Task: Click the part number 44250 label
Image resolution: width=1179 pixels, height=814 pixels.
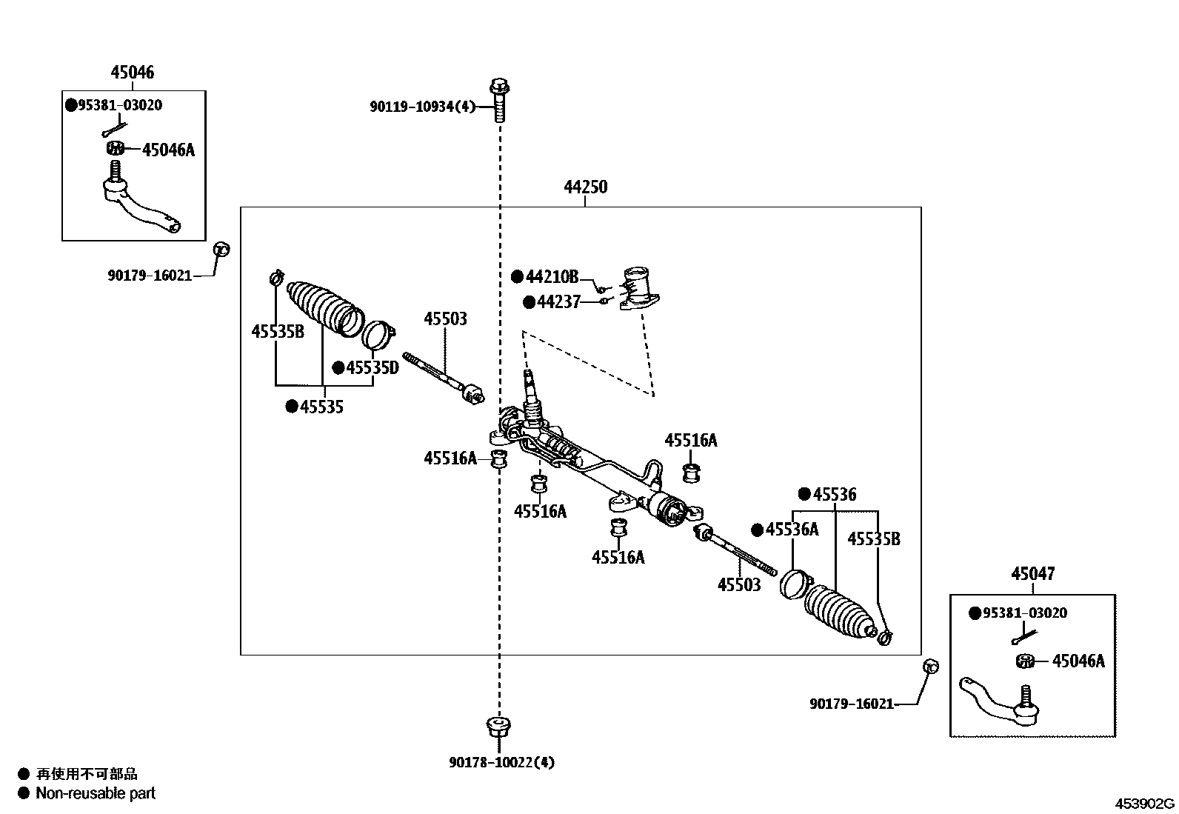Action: click(x=585, y=187)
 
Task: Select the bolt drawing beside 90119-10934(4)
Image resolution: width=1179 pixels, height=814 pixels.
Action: click(x=498, y=101)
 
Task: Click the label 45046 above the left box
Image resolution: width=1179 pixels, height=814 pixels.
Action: click(x=133, y=73)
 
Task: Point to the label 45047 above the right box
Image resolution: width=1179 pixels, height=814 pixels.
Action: click(x=1032, y=574)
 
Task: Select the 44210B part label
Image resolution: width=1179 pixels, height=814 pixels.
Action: click(x=551, y=277)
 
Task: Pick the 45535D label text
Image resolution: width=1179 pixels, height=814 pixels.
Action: click(x=372, y=367)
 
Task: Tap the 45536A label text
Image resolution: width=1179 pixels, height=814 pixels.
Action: click(x=792, y=530)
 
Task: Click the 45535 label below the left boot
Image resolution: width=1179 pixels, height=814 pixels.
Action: click(x=321, y=407)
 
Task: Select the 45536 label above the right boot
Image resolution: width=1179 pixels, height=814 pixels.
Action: click(x=834, y=495)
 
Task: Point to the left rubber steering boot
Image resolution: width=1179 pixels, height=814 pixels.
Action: click(x=323, y=307)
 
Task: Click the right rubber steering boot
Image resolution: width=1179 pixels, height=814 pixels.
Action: click(x=837, y=611)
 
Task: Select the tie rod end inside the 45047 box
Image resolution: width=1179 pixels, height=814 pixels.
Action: click(x=999, y=699)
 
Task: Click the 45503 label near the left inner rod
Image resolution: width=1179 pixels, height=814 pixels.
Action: click(x=445, y=319)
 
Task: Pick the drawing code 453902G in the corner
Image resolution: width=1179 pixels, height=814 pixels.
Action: click(x=1146, y=804)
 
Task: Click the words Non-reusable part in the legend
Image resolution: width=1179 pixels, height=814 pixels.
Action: click(x=96, y=793)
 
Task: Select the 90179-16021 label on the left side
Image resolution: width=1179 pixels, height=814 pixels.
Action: click(x=150, y=276)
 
